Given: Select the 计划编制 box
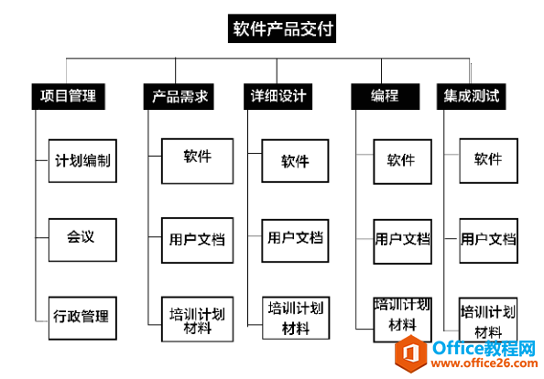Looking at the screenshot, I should click(82, 161).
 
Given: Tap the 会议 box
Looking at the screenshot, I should click(82, 237).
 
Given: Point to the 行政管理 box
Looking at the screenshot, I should click(82, 317).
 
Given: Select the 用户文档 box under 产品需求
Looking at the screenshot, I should click(197, 240).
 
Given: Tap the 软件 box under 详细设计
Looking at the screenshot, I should click(295, 161).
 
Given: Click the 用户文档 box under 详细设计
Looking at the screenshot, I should click(295, 238).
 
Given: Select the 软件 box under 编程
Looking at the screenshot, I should click(401, 161).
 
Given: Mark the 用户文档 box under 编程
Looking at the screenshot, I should click(401, 240).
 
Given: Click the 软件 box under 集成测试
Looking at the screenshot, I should click(487, 160).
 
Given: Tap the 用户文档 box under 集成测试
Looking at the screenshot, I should click(487, 240).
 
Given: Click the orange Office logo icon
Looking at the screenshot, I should click(410, 353).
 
